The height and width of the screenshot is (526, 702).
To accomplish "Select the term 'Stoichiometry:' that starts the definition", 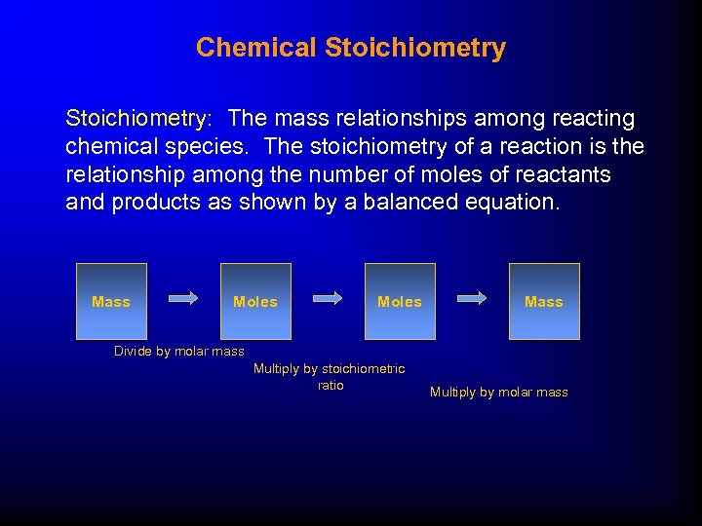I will pos(137,119).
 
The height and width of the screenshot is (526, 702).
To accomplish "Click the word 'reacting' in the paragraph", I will pos(594,119).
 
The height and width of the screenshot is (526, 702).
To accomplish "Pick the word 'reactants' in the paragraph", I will pos(565,175).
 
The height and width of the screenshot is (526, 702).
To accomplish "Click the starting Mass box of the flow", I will pos(111,301).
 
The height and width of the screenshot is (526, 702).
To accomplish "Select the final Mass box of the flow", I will pos(544,301).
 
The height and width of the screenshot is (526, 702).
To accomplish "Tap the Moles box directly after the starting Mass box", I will pos(255,301).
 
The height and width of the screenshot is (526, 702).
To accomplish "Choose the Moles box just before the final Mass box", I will pos(400,301).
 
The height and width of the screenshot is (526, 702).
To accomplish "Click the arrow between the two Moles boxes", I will pos(327,299).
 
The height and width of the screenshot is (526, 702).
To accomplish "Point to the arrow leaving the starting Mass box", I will pos(183,299).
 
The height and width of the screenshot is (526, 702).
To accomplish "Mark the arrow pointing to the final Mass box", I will pos(472,299).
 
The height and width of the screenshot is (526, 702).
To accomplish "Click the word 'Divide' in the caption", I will pos(134,351).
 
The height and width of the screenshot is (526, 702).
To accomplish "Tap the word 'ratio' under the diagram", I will pos(331,386).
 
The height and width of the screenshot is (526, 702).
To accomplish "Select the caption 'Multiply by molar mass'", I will pos(498,393).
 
